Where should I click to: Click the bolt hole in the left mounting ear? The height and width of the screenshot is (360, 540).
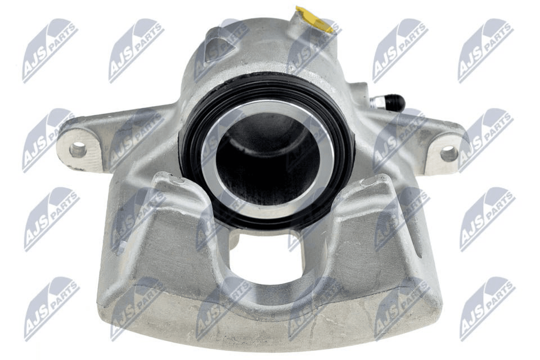point(77,150)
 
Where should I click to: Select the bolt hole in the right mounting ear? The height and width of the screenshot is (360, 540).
point(449,153)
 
